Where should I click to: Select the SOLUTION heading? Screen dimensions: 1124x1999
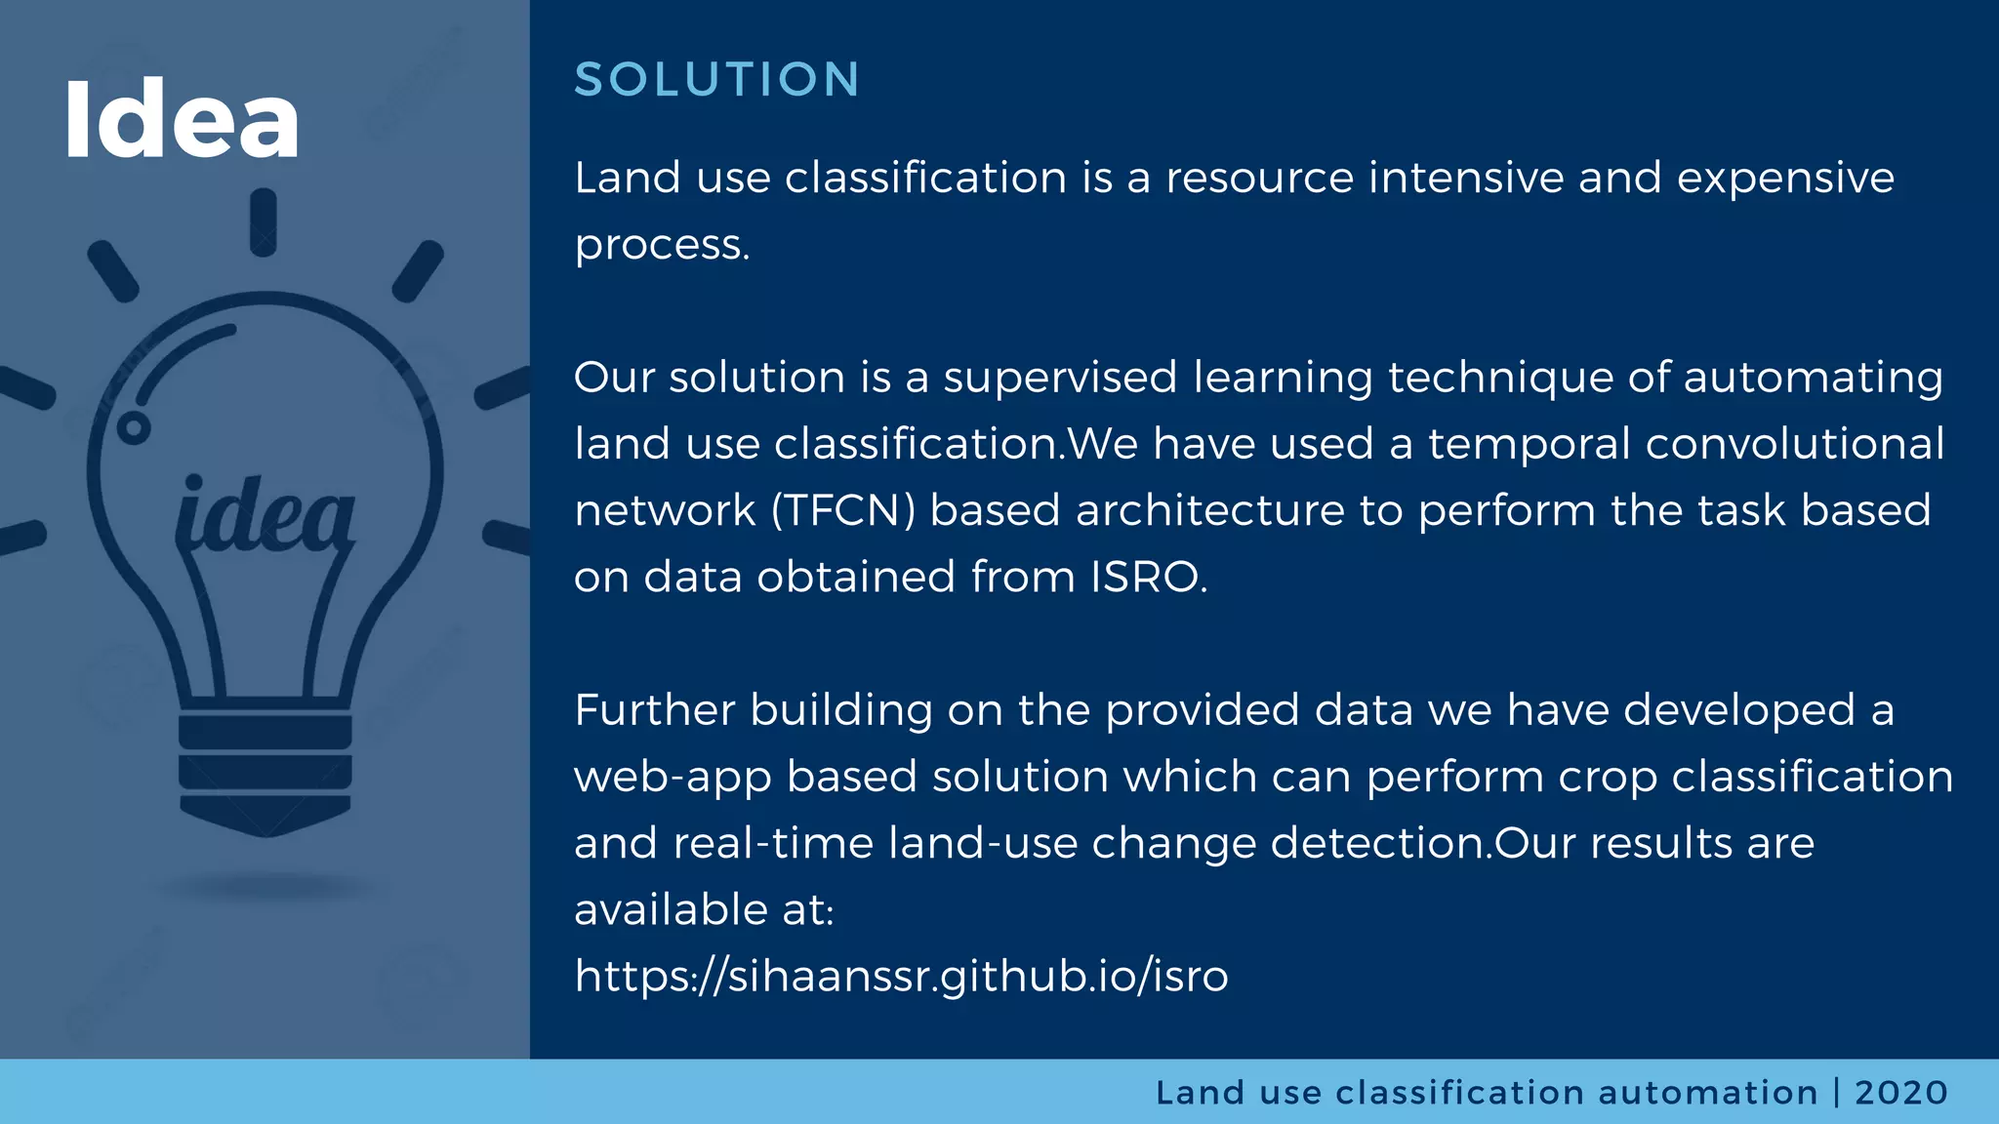[717, 79]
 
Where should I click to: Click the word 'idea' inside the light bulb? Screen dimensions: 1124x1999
[265, 515]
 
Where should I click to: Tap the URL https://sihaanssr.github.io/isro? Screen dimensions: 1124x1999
[901, 976]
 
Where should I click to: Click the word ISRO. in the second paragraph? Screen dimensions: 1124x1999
[1149, 577]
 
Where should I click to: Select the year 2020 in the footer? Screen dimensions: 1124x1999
[1900, 1092]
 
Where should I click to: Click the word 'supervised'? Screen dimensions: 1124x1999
[1060, 378]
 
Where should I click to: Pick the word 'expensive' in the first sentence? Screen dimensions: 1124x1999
[1785, 178]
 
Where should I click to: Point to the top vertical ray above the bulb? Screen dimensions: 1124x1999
[264, 223]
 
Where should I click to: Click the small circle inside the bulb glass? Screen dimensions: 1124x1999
[134, 427]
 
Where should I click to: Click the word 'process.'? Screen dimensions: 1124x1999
[662, 245]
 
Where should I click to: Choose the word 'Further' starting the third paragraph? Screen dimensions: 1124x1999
[654, 709]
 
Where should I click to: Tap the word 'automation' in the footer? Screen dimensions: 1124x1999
[1707, 1092]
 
